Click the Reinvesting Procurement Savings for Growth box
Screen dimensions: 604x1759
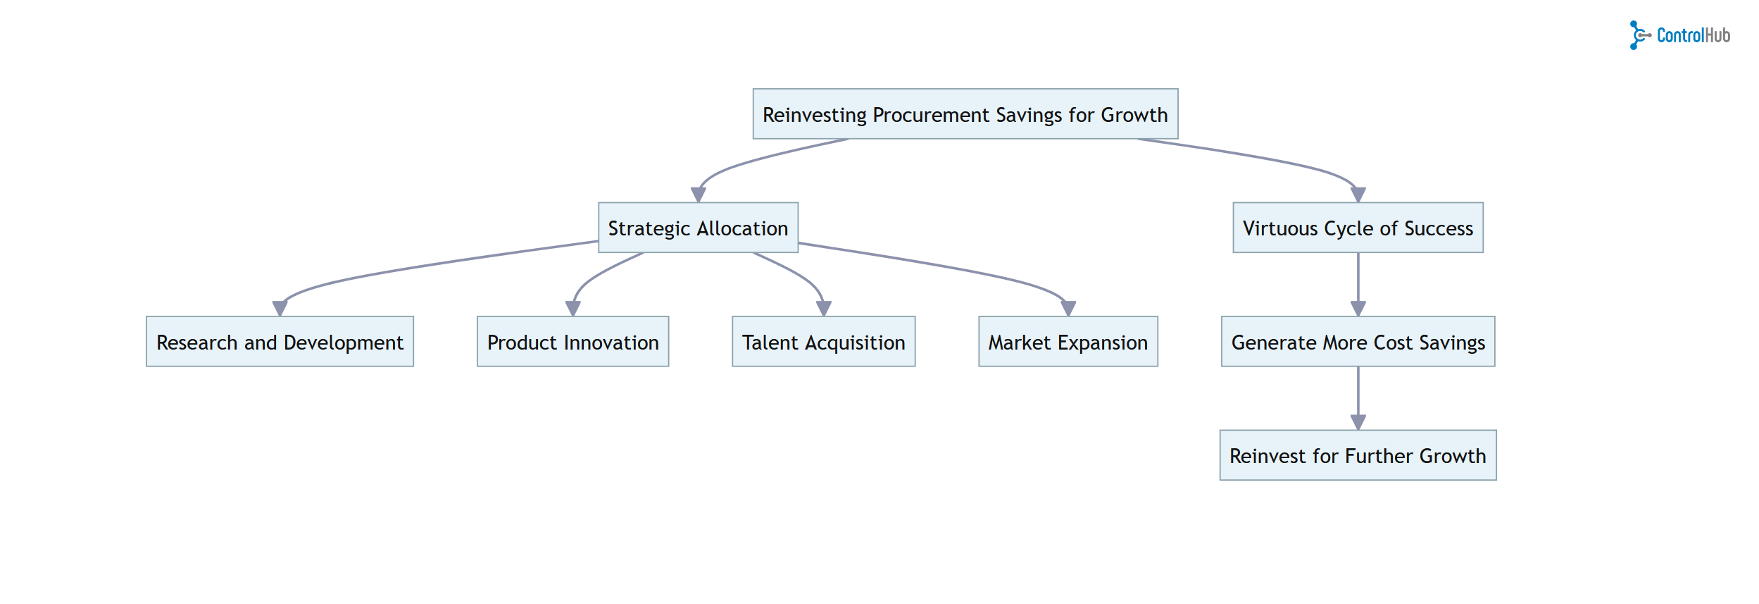coord(965,114)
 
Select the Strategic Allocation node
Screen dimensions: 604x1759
coord(698,228)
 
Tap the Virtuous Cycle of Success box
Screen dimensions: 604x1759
coord(1358,228)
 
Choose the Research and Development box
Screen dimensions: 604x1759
coord(280,342)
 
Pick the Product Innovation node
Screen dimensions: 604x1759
coord(572,342)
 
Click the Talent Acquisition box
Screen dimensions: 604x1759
coord(823,342)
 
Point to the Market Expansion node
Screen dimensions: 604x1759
coord(1068,342)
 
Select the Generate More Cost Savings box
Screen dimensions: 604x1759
coord(1358,342)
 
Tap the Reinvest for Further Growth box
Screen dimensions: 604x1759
coord(1358,455)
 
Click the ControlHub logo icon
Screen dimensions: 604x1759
coord(1639,35)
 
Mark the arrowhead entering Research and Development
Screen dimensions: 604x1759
coord(280,309)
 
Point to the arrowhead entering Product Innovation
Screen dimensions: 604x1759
coord(572,309)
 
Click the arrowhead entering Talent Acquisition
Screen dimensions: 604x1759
coord(823,309)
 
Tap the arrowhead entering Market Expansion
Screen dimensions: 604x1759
coord(1068,309)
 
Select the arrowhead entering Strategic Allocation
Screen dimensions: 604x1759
coord(698,195)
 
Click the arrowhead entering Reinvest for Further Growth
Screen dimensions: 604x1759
coord(1358,422)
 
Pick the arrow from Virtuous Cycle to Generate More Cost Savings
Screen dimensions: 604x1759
coord(1358,282)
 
